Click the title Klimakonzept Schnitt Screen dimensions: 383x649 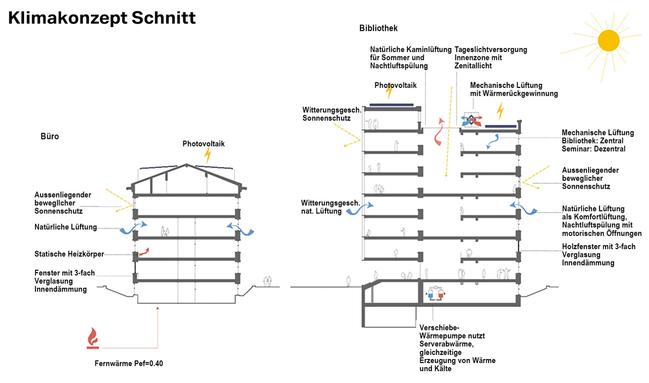[102, 18]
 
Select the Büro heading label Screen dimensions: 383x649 [50, 136]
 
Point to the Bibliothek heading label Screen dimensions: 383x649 [378, 28]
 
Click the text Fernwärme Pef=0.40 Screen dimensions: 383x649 [129, 364]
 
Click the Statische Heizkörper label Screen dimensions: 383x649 [69, 254]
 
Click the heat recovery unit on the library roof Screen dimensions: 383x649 [471, 119]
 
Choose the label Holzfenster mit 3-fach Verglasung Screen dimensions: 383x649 [598, 255]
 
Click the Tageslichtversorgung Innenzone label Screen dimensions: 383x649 [490, 58]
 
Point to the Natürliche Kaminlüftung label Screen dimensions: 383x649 [410, 58]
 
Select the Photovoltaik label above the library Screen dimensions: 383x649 [395, 85]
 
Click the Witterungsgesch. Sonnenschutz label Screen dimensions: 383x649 [327, 114]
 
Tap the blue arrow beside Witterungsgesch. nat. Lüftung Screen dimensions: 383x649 [359, 209]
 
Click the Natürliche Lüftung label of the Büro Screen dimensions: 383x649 [65, 227]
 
